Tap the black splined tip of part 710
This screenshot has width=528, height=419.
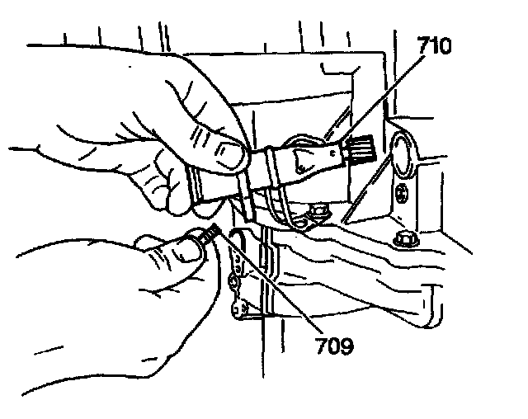click(x=361, y=150)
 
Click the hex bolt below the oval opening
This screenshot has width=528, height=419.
click(x=404, y=240)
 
